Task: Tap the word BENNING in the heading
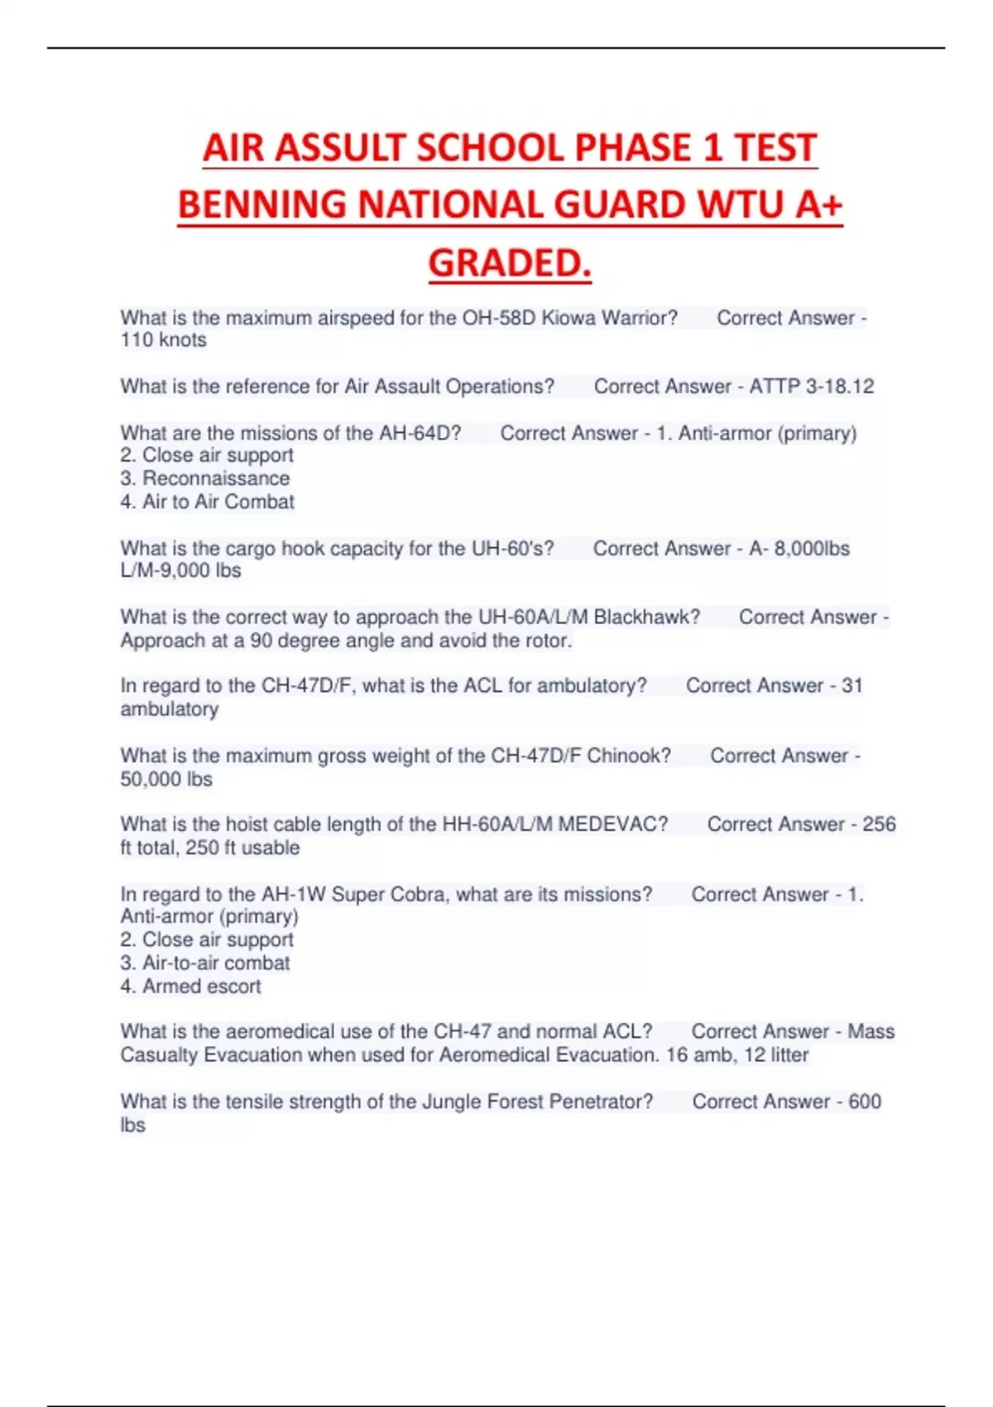tap(261, 205)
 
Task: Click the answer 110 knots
tap(163, 340)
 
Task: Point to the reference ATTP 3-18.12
tap(811, 387)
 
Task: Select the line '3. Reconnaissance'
tap(205, 478)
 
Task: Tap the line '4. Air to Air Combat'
tap(207, 502)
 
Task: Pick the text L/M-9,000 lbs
tap(180, 571)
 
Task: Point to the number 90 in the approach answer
tap(261, 641)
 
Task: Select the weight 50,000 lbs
tap(166, 780)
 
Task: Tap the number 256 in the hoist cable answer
tap(879, 824)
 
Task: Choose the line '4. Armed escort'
tap(190, 987)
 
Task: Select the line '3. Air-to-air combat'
tap(205, 963)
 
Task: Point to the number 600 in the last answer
tap(864, 1102)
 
